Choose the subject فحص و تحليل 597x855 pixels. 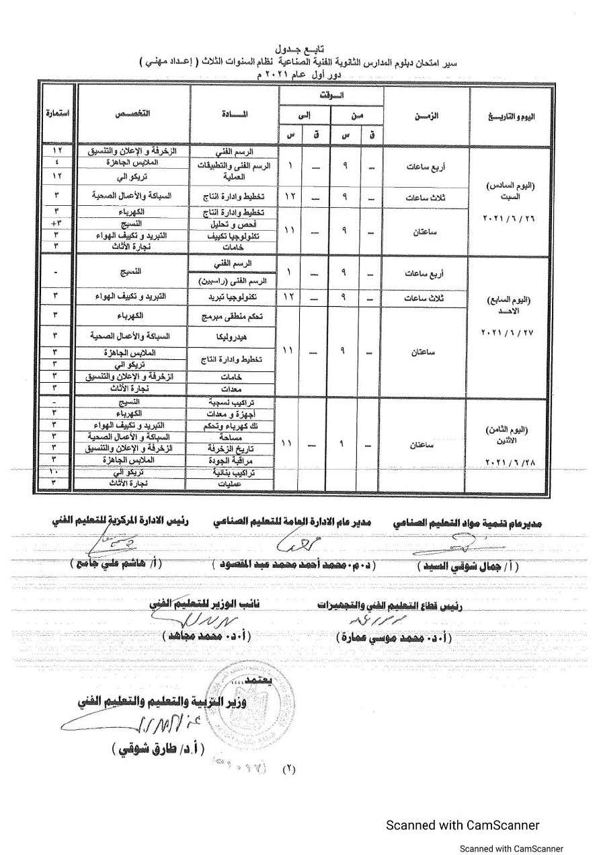(231, 223)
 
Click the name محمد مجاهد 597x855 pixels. (205, 634)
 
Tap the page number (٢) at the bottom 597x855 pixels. (290, 768)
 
